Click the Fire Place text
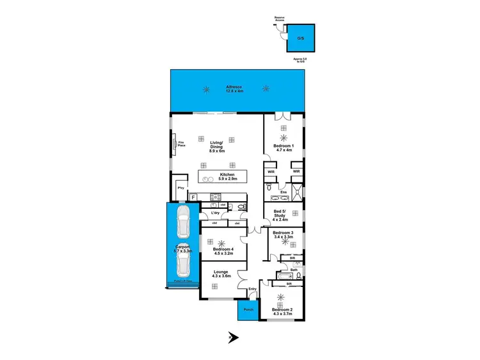tap(181, 144)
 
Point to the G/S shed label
tap(300, 38)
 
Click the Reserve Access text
tap(279, 19)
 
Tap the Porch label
tap(248, 310)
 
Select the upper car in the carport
tap(182, 222)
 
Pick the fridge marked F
tap(192, 197)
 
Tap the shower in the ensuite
tap(296, 192)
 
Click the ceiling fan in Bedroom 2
tap(282, 299)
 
